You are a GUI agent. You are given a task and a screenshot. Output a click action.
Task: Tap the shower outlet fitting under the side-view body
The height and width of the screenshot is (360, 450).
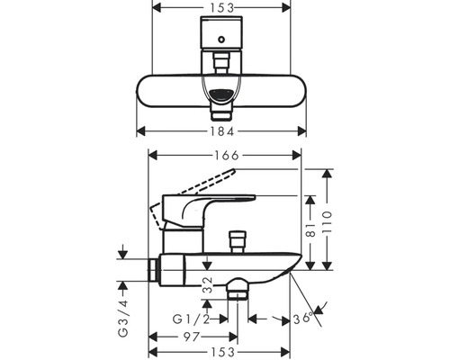tap(238, 290)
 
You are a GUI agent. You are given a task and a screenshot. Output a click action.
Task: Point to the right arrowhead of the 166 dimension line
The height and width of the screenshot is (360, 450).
tap(300, 156)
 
